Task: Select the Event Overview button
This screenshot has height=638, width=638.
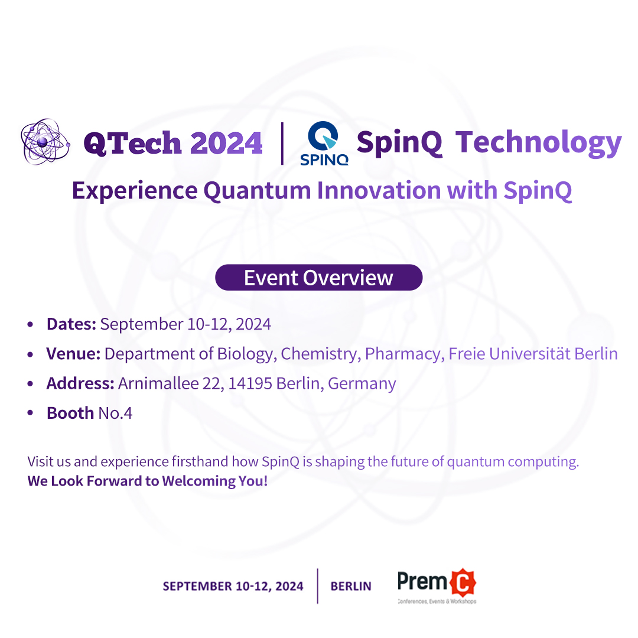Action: (318, 278)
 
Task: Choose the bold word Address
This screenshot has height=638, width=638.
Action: (80, 383)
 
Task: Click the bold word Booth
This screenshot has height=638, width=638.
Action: (70, 413)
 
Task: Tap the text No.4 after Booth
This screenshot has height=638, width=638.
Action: (115, 413)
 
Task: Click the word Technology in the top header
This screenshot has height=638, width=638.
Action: (538, 143)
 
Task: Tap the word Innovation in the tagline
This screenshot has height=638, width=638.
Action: (379, 191)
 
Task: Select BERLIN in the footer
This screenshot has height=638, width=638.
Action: (351, 586)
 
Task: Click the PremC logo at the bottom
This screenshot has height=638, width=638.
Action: (437, 585)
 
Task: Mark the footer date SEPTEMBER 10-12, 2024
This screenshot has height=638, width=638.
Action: (233, 586)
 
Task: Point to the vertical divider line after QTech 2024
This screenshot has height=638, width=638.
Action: (282, 144)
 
